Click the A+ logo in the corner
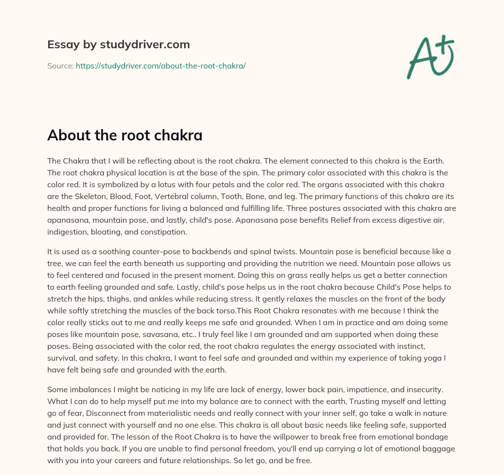pos(431,56)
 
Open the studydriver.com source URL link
pos(160,66)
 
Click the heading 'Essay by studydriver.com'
pos(119,44)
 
